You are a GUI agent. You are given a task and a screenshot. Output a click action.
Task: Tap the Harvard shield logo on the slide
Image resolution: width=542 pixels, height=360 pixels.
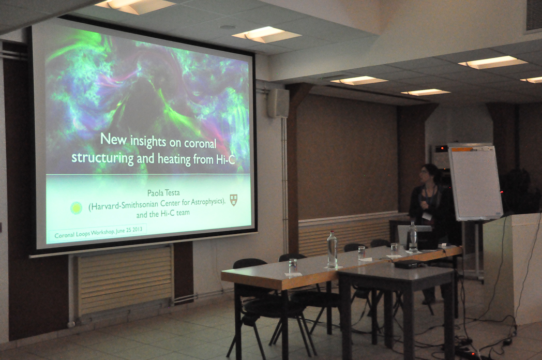click(x=234, y=200)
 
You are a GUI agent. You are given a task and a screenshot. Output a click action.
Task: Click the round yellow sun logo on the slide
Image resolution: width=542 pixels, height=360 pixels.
click(x=76, y=208)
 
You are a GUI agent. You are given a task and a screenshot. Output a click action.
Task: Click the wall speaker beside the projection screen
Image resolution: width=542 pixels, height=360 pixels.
click(x=278, y=103)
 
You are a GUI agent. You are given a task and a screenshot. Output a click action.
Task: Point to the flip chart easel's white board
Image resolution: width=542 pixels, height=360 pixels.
click(x=476, y=183)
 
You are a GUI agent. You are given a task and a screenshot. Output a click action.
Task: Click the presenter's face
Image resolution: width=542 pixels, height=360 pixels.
click(x=425, y=173)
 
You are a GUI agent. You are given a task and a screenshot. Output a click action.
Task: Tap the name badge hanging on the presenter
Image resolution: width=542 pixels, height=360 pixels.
click(x=427, y=216)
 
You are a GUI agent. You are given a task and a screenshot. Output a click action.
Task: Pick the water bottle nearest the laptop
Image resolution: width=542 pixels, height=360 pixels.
click(x=412, y=237)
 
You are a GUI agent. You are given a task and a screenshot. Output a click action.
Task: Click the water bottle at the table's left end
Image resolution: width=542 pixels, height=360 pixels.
click(x=332, y=249)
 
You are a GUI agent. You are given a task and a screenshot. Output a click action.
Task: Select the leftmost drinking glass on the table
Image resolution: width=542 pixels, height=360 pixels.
click(x=293, y=266)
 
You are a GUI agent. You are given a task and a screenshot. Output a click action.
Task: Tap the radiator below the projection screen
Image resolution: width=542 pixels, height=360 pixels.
click(x=125, y=280)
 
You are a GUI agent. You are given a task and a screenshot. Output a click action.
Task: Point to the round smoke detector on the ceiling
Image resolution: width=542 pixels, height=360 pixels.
click(x=228, y=27)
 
